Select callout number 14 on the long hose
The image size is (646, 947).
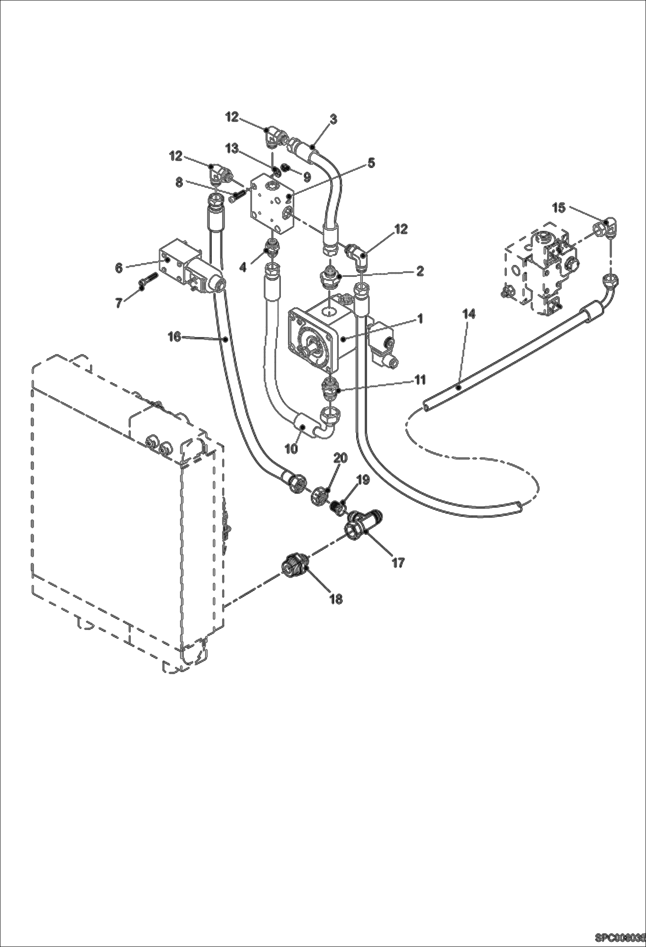(469, 314)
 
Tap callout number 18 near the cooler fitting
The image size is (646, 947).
(336, 599)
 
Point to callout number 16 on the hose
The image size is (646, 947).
(174, 336)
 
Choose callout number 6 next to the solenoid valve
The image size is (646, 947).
(119, 268)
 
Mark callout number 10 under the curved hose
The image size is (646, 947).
(292, 448)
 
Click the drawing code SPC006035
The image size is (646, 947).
(620, 938)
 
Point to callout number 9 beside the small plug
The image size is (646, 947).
(307, 176)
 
